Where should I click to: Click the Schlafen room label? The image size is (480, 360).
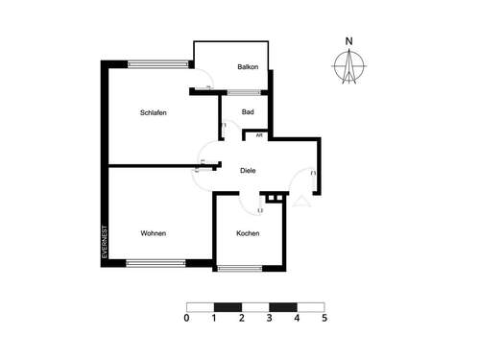click(154, 113)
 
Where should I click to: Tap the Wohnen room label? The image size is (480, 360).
click(154, 233)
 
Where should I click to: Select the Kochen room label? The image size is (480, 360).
click(248, 233)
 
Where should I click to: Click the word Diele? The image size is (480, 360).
click(249, 170)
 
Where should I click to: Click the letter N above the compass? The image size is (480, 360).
click(350, 40)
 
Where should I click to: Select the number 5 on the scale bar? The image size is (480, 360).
click(324, 317)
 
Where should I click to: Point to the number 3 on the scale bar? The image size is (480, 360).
click(270, 317)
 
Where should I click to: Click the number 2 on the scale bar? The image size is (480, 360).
click(242, 317)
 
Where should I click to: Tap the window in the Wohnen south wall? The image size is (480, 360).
click(156, 262)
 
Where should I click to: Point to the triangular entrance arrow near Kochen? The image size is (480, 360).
click(300, 201)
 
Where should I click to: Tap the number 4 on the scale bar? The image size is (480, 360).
click(298, 317)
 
